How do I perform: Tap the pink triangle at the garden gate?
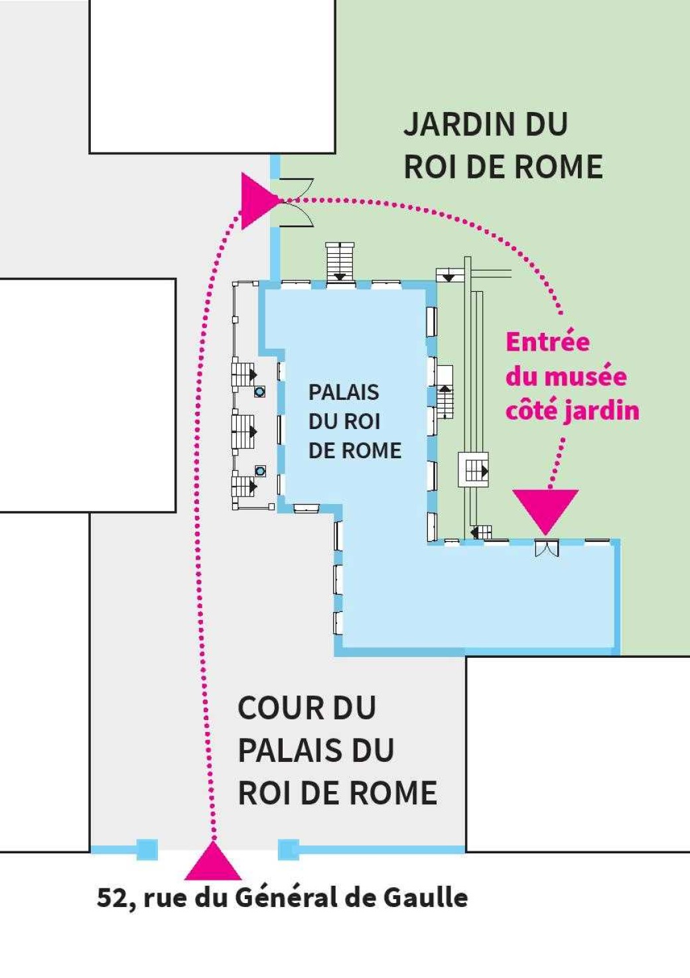258,200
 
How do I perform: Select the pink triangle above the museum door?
545,509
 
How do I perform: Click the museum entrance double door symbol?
547,548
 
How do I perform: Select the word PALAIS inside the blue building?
344,393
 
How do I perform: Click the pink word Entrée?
547,342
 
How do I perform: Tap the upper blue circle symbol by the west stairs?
259,392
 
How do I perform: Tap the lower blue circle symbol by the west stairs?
260,471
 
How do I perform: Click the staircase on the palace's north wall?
340,261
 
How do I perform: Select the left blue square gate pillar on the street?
147,849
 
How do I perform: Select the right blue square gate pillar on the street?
288,849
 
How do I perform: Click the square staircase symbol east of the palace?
474,470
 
